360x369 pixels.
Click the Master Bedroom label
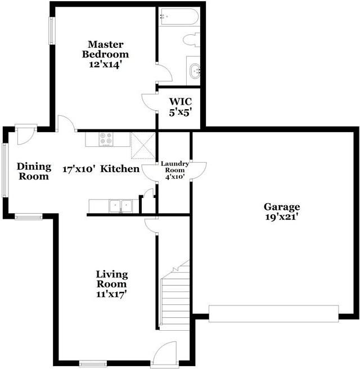click(105, 49)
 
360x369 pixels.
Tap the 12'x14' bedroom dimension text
click(105, 64)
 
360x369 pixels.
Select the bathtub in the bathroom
click(178, 17)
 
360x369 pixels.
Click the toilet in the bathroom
click(191, 40)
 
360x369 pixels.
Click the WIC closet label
click(181, 102)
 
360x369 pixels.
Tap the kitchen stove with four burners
click(106, 138)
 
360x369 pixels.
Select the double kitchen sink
click(121, 205)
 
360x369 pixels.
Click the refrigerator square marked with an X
click(142, 143)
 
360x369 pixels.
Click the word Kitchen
click(120, 169)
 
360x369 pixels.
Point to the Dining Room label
click(34, 171)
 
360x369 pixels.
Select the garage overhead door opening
click(273, 313)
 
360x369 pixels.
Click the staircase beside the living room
click(175, 298)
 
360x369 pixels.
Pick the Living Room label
click(111, 280)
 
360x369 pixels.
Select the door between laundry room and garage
click(198, 171)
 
